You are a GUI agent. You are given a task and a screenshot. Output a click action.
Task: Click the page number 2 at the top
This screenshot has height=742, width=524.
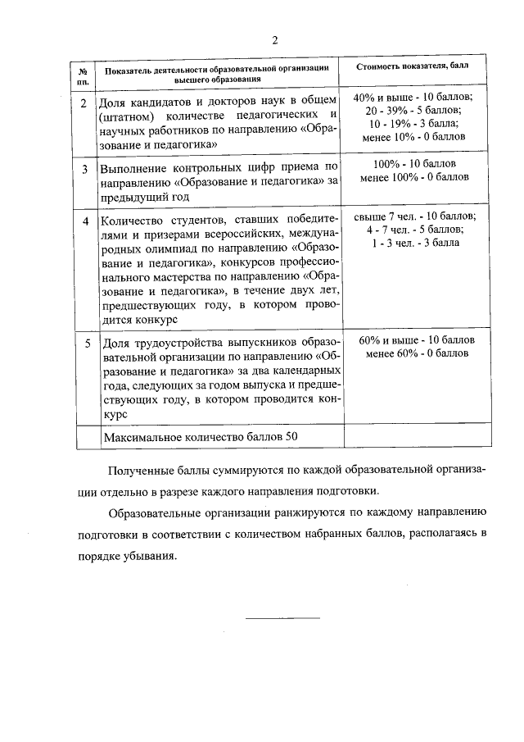(275, 40)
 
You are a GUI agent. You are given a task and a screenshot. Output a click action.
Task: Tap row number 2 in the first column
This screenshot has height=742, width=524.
(85, 103)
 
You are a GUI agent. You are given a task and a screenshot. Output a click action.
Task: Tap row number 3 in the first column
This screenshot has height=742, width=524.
(85, 169)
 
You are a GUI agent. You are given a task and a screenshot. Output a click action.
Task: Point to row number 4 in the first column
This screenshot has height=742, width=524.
(85, 221)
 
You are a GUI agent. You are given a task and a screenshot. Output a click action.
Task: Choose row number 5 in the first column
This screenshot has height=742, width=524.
(85, 343)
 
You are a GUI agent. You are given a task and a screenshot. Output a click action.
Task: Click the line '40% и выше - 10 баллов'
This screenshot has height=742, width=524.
(414, 98)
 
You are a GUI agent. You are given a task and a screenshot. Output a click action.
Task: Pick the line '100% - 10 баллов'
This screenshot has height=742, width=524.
(414, 163)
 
